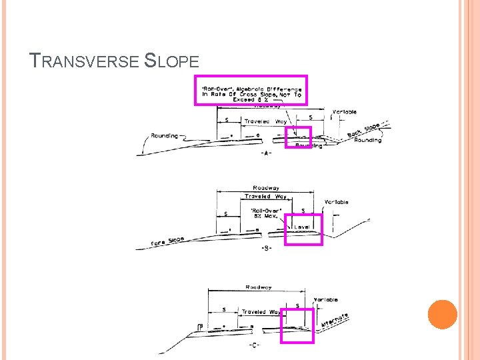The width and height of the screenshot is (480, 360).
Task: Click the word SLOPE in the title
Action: (x=172, y=62)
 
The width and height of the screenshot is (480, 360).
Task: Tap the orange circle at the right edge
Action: (x=443, y=314)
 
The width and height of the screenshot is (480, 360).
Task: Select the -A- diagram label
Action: (x=266, y=153)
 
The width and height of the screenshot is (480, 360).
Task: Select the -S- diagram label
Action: (x=266, y=248)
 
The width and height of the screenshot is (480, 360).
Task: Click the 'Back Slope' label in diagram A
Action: (x=363, y=131)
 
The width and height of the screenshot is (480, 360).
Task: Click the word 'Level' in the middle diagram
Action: (x=302, y=227)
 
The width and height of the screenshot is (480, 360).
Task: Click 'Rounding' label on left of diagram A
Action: (x=164, y=135)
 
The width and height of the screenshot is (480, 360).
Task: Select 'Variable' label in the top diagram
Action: (x=344, y=112)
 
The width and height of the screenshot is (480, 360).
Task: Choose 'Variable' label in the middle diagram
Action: (x=336, y=202)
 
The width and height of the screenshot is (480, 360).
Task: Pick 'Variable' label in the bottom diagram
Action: (x=326, y=300)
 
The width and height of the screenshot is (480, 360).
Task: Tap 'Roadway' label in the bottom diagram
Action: (x=258, y=287)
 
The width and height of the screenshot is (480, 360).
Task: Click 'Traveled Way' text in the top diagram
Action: (x=265, y=121)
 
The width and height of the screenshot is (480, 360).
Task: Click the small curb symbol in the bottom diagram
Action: (x=200, y=326)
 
